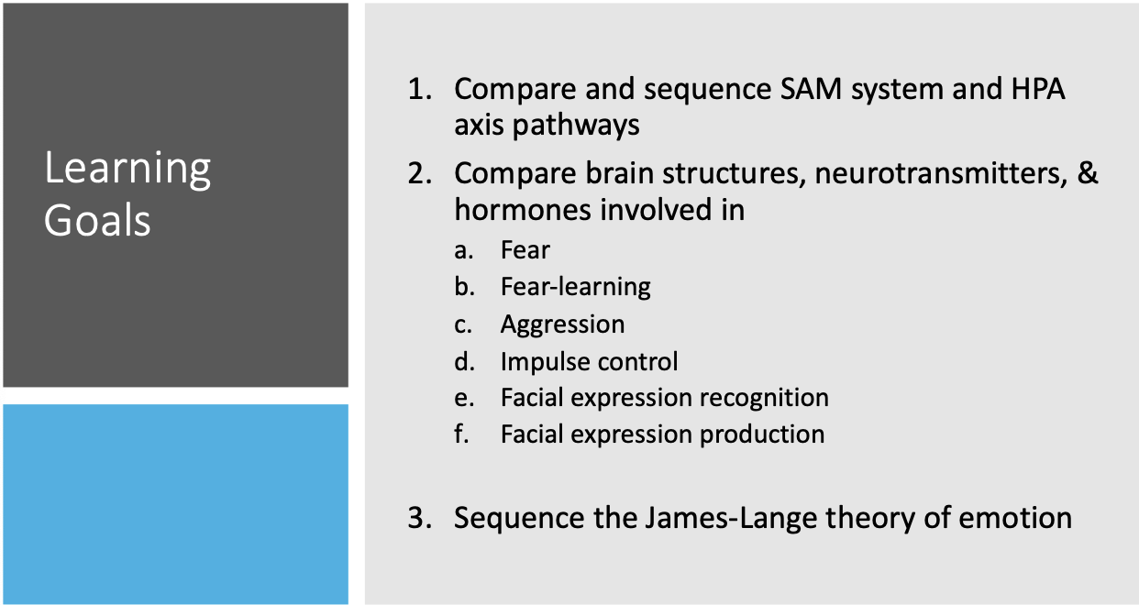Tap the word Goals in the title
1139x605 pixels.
pyautogui.click(x=97, y=221)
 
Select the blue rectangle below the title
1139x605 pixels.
pyautogui.click(x=175, y=504)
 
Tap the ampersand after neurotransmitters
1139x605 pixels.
pyautogui.click(x=1087, y=173)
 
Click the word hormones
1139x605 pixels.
pyautogui.click(x=523, y=209)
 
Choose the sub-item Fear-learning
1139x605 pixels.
pyautogui.click(x=575, y=287)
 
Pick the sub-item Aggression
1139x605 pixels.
pyautogui.click(x=562, y=324)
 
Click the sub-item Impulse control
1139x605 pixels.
pyautogui.click(x=589, y=361)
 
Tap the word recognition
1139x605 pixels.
pyautogui.click(x=763, y=398)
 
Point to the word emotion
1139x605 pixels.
pyautogui.click(x=1015, y=518)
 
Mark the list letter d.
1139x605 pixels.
pyautogui.click(x=464, y=361)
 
